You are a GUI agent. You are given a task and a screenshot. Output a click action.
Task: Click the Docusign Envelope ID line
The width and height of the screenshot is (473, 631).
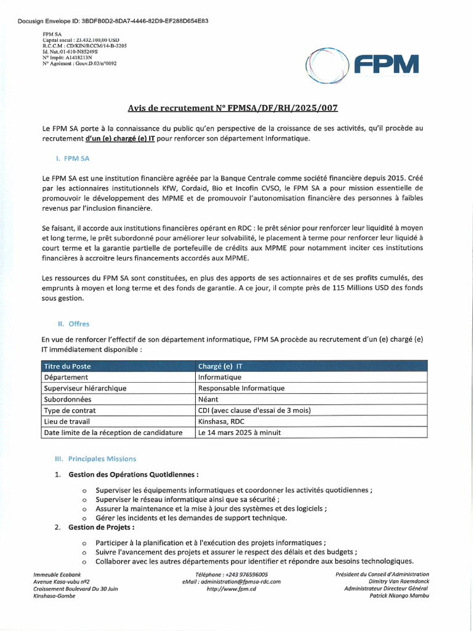click(113, 21)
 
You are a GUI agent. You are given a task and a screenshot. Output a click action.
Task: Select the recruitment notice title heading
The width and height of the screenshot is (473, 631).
click(233, 108)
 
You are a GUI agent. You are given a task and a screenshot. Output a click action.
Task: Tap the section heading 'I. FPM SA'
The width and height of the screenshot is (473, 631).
click(72, 158)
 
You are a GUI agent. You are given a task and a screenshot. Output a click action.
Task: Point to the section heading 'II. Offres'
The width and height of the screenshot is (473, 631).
click(73, 323)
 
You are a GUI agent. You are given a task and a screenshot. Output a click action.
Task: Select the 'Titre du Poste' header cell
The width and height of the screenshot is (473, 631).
click(67, 366)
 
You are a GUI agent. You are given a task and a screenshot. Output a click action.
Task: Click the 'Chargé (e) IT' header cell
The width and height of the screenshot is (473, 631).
click(220, 366)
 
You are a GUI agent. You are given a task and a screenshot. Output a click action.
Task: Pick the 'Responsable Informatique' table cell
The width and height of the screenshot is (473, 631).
click(241, 388)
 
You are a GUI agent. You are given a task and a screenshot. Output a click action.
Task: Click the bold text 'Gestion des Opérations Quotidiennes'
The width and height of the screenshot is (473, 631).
click(134, 474)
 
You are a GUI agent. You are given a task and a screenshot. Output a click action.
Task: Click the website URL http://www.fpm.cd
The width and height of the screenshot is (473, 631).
click(231, 589)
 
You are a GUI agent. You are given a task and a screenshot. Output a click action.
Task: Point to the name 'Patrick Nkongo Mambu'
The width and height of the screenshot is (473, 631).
click(399, 596)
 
